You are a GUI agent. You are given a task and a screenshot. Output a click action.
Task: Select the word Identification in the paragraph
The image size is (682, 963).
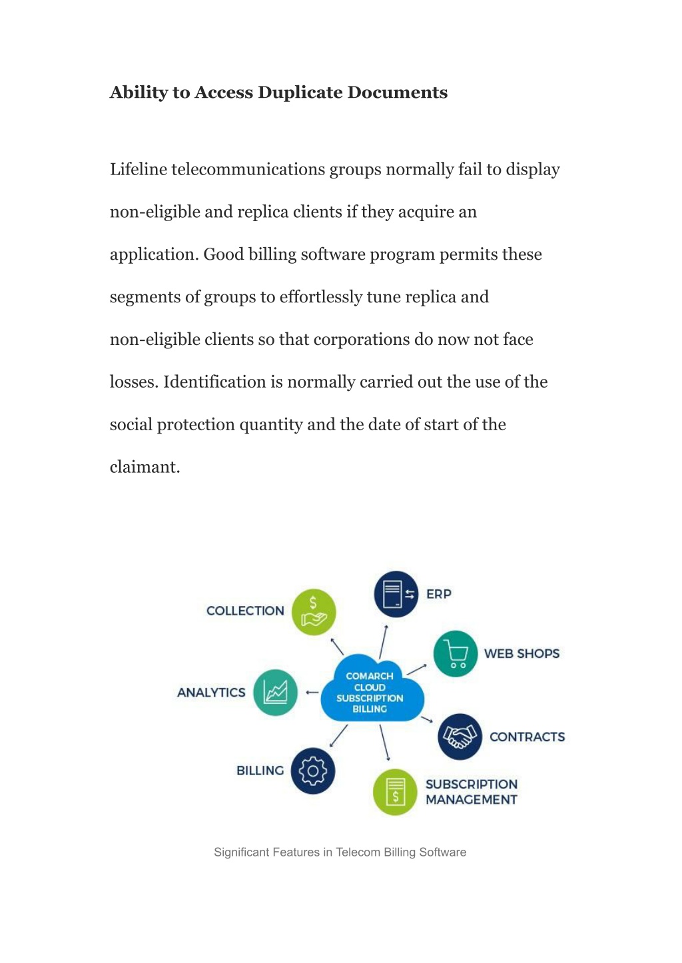tap(214, 382)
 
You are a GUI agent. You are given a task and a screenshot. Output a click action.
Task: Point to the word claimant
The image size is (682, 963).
tap(145, 467)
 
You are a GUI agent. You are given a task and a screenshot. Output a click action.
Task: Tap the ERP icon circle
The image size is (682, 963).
tap(396, 594)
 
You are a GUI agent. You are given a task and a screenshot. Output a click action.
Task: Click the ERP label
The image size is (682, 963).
tap(439, 594)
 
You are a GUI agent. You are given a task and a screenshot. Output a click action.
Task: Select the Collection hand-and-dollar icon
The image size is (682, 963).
tap(314, 612)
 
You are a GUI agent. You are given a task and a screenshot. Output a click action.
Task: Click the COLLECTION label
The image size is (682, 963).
tap(245, 611)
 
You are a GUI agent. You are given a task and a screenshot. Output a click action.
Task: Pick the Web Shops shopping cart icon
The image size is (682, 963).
tap(456, 654)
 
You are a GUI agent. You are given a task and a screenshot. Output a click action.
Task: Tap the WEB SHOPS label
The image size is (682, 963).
tap(521, 653)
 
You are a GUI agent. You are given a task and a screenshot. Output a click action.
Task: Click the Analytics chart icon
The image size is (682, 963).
tap(275, 693)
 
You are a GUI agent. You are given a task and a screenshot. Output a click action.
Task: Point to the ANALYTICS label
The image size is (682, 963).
tap(211, 693)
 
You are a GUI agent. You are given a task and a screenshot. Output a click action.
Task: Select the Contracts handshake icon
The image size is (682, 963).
tap(460, 737)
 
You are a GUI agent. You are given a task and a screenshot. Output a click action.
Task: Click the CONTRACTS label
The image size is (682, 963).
tap(527, 737)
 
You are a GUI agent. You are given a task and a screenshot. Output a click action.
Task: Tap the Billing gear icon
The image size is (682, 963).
tap(312, 771)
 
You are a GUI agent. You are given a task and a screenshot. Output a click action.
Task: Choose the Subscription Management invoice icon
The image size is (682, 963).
tap(395, 792)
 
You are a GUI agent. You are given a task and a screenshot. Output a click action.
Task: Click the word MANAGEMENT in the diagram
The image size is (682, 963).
tap(472, 800)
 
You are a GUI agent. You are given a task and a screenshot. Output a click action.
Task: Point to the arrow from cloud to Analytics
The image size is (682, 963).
tap(312, 693)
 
